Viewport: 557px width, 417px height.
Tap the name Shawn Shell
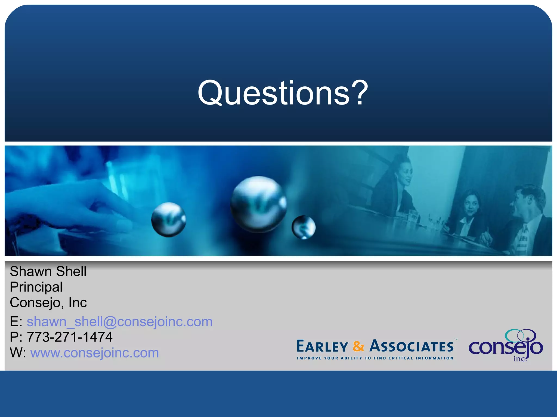(48, 271)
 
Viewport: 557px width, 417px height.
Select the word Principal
(36, 287)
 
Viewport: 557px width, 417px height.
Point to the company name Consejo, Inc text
(48, 302)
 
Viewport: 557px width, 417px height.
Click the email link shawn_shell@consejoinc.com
(119, 322)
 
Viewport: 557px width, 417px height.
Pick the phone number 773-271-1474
(69, 337)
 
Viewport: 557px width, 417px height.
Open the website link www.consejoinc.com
(94, 353)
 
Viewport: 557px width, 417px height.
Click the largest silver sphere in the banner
(258, 204)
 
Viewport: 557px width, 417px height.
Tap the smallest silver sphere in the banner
(304, 227)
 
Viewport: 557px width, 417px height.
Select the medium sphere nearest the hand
(169, 219)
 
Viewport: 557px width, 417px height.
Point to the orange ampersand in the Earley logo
(358, 347)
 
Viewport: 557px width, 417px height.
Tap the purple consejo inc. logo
(506, 346)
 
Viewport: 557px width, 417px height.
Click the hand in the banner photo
(68, 206)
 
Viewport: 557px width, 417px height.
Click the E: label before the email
(16, 322)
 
